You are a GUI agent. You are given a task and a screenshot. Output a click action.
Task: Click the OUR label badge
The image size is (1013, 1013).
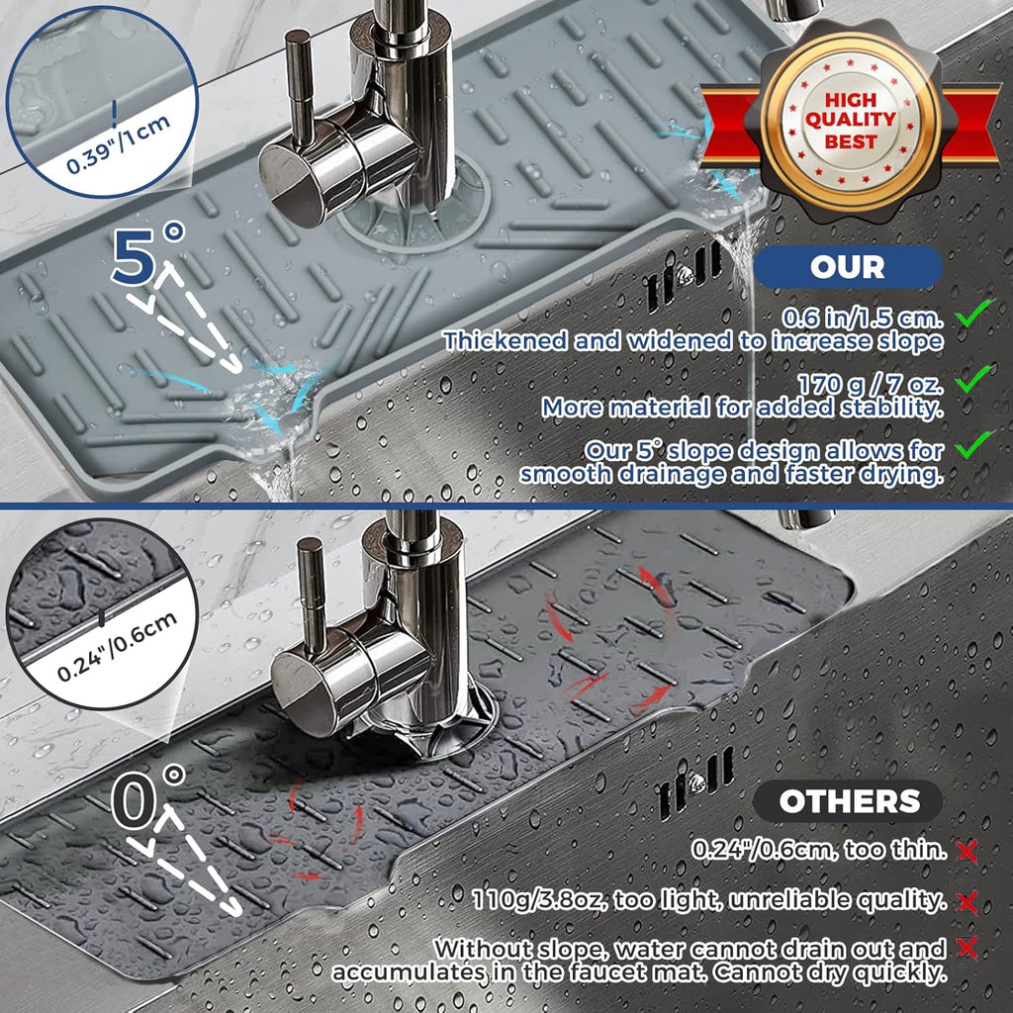pyautogui.click(x=848, y=267)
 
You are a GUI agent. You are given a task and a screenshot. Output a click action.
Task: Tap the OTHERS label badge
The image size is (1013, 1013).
pyautogui.click(x=848, y=801)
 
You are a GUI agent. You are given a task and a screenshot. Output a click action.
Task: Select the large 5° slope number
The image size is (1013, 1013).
pyautogui.click(x=148, y=255)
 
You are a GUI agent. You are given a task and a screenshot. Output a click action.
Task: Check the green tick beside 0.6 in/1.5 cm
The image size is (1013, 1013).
pyautogui.click(x=974, y=317)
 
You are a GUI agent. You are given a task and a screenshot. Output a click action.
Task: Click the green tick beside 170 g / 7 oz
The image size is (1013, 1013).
pyautogui.click(x=974, y=378)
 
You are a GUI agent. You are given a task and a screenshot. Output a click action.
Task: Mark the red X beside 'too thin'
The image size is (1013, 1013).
pyautogui.click(x=967, y=850)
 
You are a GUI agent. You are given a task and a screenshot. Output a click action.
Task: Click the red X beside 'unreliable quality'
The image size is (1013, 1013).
pyautogui.click(x=967, y=900)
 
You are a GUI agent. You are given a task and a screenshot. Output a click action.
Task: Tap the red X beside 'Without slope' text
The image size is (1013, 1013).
pyautogui.click(x=967, y=949)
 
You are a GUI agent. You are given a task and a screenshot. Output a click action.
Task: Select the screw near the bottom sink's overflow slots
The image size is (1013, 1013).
pyautogui.click(x=697, y=783)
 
